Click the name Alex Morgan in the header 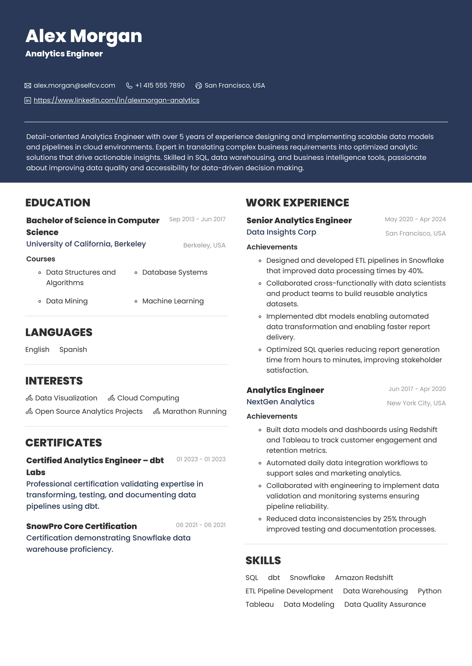tap(84, 36)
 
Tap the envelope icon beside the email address tap(28, 86)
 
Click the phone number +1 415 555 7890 tap(160, 86)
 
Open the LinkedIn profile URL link tap(116, 100)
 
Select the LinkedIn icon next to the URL tap(28, 101)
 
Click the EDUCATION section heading tap(58, 203)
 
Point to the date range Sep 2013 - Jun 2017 tap(197, 219)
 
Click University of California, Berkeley tap(86, 244)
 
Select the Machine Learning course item tap(173, 301)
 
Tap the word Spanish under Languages tap(73, 350)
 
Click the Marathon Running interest tap(194, 411)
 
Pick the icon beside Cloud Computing tap(112, 398)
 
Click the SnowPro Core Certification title tap(81, 526)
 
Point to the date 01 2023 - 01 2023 tap(201, 459)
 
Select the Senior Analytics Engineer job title tap(299, 220)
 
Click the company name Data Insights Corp tap(281, 232)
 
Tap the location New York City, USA tap(416, 403)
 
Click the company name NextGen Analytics tap(280, 402)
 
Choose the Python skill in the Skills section tap(429, 591)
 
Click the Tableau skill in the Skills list tap(259, 605)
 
